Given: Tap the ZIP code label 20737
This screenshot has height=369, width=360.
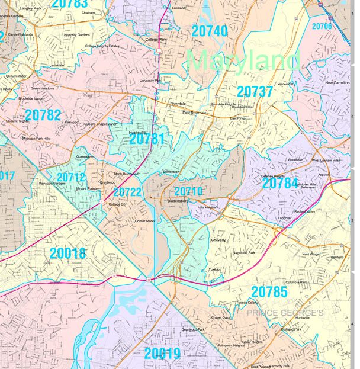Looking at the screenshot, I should click(255, 91).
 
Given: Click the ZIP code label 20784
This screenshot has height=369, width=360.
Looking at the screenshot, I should click(280, 184).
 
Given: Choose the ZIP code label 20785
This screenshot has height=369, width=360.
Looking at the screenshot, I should click(269, 291).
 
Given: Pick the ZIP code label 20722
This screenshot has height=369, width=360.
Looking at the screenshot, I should click(127, 192).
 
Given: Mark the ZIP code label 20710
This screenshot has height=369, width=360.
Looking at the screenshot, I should click(188, 191).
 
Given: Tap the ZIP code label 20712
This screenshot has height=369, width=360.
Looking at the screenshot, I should click(70, 177).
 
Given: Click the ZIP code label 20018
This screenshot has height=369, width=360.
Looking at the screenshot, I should click(67, 254).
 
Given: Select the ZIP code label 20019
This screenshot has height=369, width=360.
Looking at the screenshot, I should click(163, 354).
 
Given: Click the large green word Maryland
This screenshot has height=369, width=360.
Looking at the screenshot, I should click(244, 60).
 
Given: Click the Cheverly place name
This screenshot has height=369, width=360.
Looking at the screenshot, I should click(218, 240).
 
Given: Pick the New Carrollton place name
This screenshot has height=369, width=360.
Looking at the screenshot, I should click(337, 83).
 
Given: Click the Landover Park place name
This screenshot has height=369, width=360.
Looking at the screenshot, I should click(243, 253).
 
